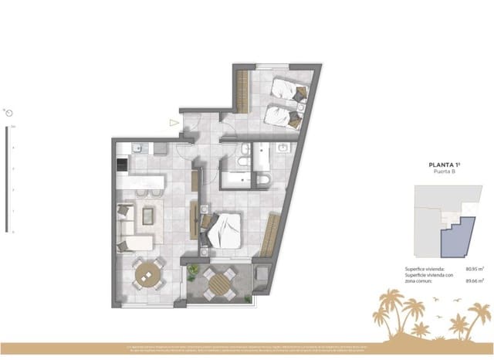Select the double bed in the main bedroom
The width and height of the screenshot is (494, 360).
pyautogui.click(x=225, y=228)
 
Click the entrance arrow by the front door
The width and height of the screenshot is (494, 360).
pyautogui.click(x=174, y=121)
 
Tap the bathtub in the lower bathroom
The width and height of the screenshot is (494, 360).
pyautogui.click(x=239, y=181)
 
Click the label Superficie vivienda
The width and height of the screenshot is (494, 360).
pyautogui.click(x=426, y=268)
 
